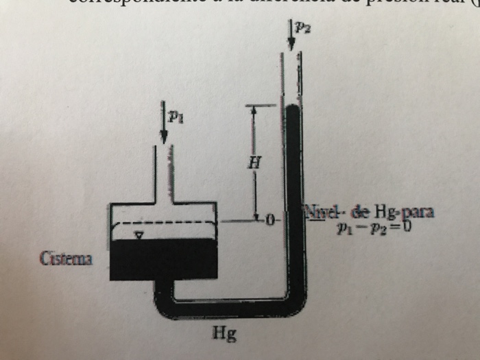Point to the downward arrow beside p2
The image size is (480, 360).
[291, 36]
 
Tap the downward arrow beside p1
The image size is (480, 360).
[164, 123]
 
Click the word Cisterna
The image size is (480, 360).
[67, 260]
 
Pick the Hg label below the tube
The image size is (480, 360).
[221, 335]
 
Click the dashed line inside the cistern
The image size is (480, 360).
[165, 224]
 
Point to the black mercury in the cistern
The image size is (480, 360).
[163, 257]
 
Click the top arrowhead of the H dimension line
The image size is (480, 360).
[254, 110]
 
